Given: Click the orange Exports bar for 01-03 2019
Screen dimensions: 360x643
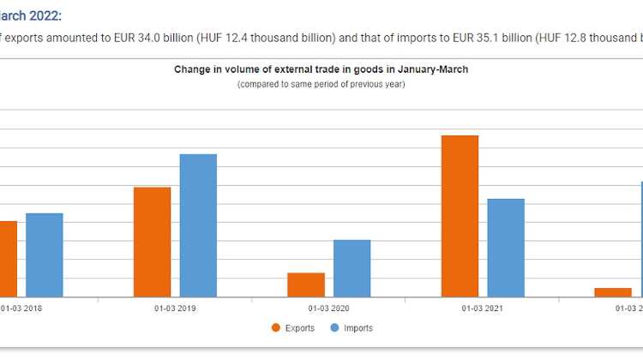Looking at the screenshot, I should (152, 242).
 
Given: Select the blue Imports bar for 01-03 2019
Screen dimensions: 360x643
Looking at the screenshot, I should (198, 225).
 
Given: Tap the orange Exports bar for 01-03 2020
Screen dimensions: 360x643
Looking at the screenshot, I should (306, 285).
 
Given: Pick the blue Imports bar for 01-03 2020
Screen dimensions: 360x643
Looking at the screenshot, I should (352, 268).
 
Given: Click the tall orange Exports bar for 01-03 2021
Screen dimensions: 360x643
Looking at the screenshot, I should (460, 216).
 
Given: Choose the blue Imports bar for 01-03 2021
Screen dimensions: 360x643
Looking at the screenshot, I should (506, 248).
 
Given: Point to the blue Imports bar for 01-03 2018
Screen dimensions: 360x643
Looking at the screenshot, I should (45, 255).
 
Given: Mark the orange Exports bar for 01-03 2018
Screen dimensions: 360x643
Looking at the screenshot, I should (8, 259).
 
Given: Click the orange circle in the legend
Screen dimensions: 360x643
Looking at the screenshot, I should (276, 328).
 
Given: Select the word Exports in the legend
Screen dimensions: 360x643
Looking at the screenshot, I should (299, 328).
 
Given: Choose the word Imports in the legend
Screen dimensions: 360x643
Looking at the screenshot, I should (358, 328).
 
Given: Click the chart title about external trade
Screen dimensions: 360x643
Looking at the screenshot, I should (321, 69).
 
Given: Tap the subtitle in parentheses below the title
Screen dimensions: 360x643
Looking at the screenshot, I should (321, 84).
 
